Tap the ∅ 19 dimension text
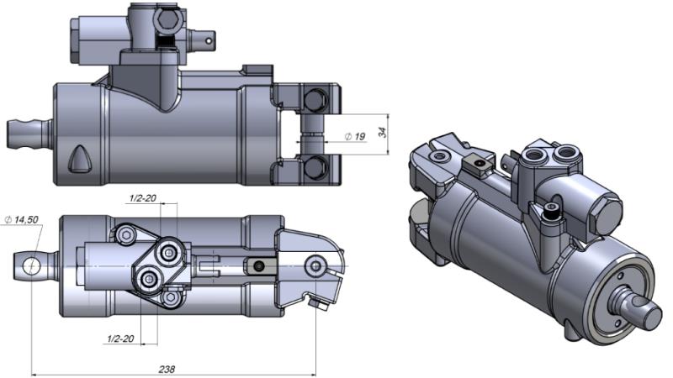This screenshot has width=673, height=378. pos(354,136)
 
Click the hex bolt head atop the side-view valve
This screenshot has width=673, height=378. pos(165,18)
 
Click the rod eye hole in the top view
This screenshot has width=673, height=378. pos(31,265)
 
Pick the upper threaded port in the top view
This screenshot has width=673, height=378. pos(171,250)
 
